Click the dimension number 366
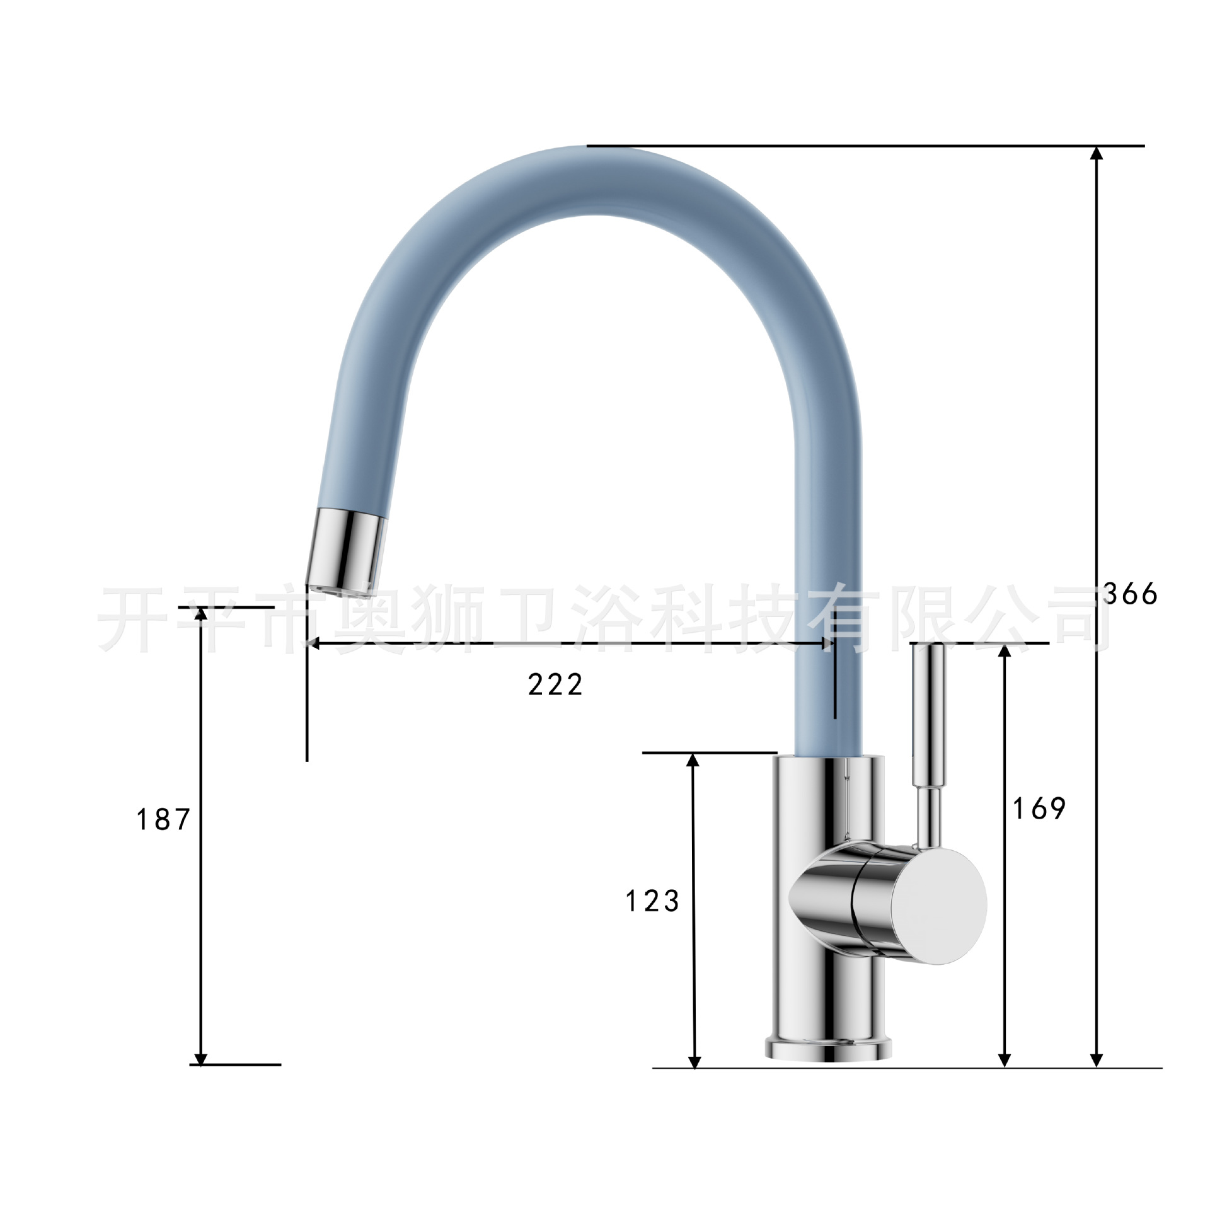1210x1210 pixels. (1130, 594)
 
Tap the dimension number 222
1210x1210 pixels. (555, 684)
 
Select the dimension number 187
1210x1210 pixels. (163, 819)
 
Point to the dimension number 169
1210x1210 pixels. (1039, 808)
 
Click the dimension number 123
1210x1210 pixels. (652, 901)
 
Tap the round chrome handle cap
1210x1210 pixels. (939, 906)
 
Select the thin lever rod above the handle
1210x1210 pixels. (928, 744)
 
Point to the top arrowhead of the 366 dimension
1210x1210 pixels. (1097, 154)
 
